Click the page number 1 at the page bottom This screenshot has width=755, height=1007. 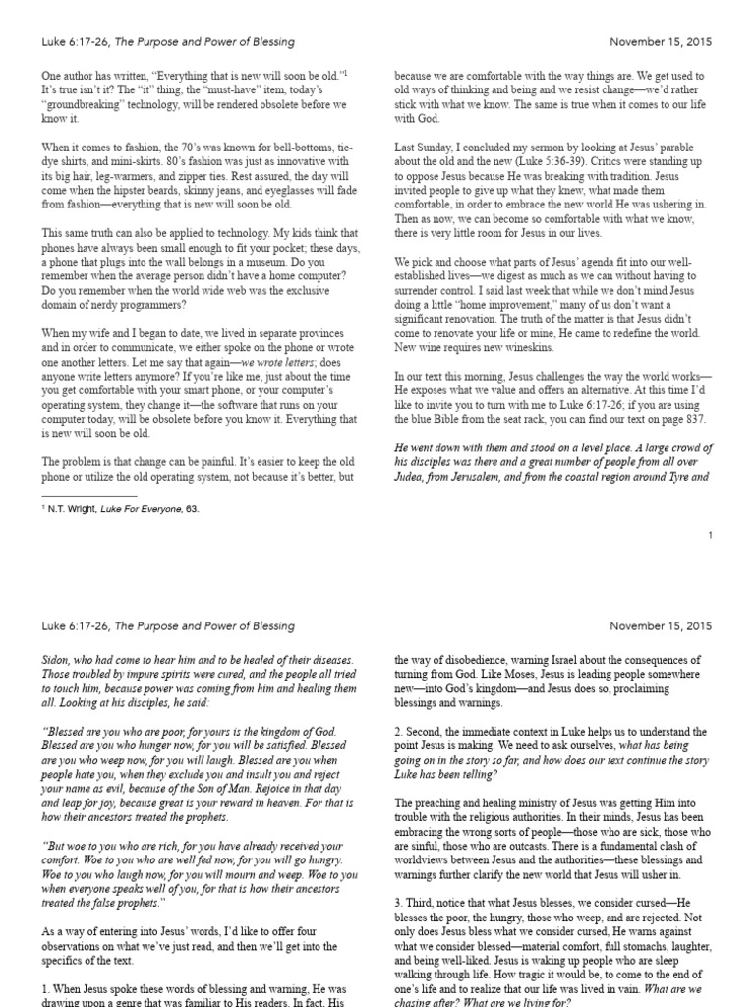click(x=709, y=535)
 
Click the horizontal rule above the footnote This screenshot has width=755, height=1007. click(x=89, y=496)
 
